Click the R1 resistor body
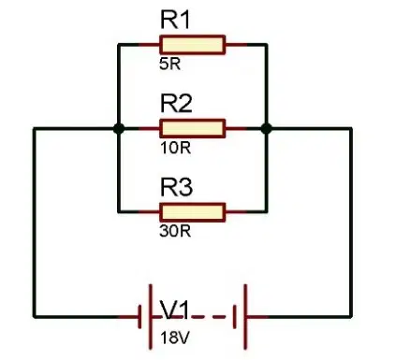pyautogui.click(x=192, y=45)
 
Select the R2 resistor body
pyautogui.click(x=192, y=128)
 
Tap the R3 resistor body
pyautogui.click(x=192, y=212)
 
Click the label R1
pyautogui.click(x=175, y=20)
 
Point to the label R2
pyautogui.click(x=176, y=103)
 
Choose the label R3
pyautogui.click(x=176, y=187)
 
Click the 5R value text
pyautogui.click(x=169, y=65)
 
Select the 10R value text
pyautogui.click(x=175, y=148)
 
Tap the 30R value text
pyautogui.click(x=175, y=231)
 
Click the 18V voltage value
pyautogui.click(x=175, y=338)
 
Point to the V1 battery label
pyautogui.click(x=175, y=310)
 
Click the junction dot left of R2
pyautogui.click(x=119, y=128)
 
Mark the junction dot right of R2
pyautogui.click(x=266, y=128)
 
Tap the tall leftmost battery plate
pyautogui.click(x=151, y=316)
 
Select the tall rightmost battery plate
pyautogui.click(x=245, y=316)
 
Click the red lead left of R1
pyautogui.click(x=149, y=45)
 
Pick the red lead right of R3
pyautogui.click(x=236, y=212)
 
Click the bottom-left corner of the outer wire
pyautogui.click(x=35, y=317)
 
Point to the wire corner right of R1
pyautogui.click(x=266, y=45)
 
